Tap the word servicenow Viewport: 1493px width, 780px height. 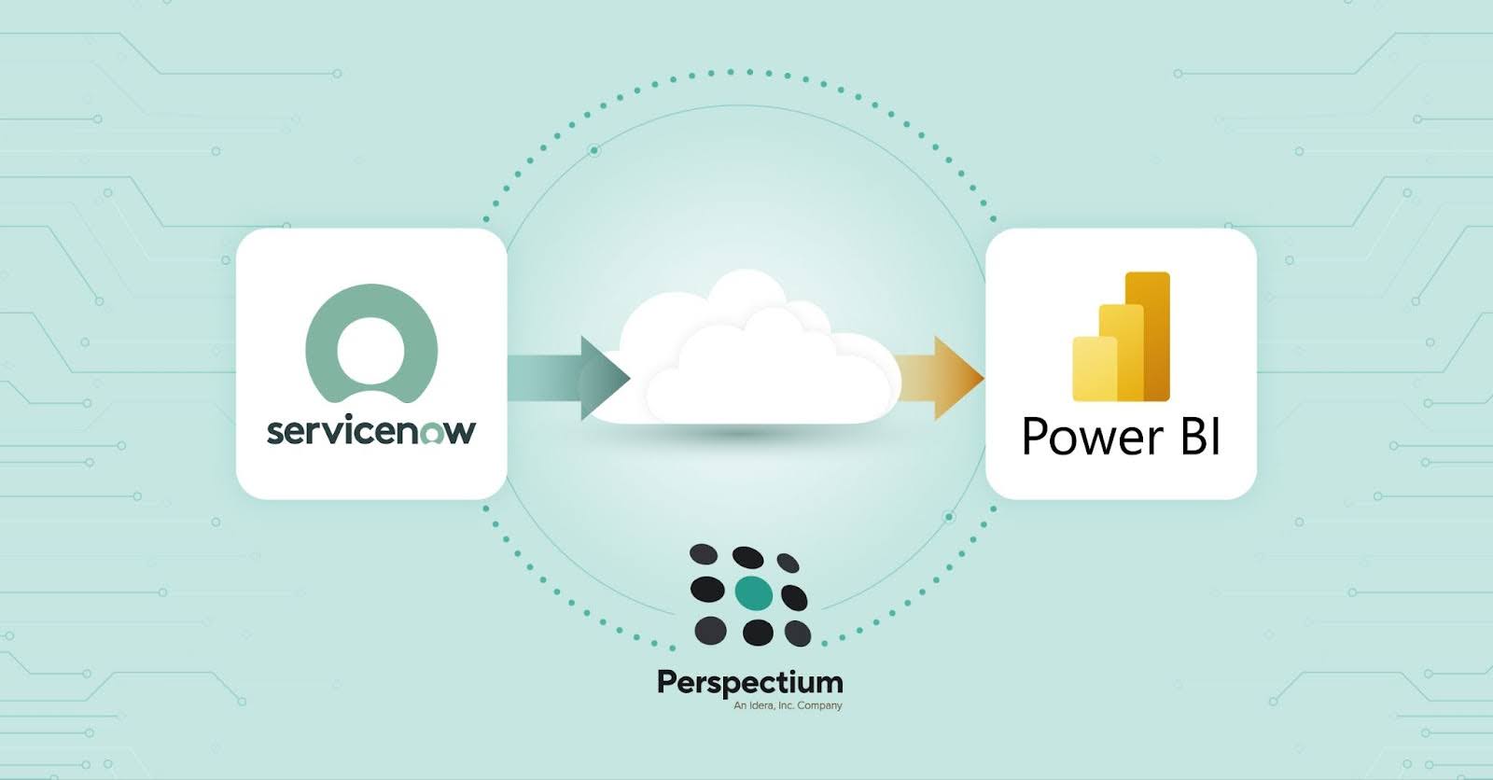pyautogui.click(x=370, y=431)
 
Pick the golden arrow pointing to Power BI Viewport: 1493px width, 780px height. pyautogui.click(x=938, y=377)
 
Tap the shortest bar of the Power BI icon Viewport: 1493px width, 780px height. pyautogui.click(x=1094, y=369)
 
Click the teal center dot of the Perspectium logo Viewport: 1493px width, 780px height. pyautogui.click(x=754, y=592)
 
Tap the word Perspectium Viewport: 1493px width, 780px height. pyautogui.click(x=749, y=683)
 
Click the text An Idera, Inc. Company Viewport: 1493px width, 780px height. pyautogui.click(x=788, y=706)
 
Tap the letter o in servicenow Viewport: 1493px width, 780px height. pyautogui.click(x=430, y=432)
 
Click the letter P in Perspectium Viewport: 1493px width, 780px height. pyautogui.click(x=666, y=681)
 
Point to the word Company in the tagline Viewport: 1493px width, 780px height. pyautogui.click(x=819, y=706)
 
